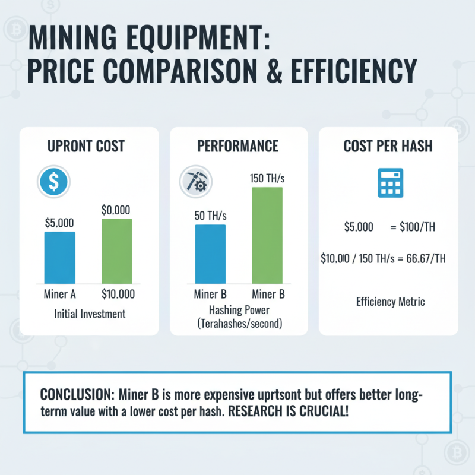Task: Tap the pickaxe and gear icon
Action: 193,182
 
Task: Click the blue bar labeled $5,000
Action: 59,257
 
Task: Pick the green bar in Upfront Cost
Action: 117,251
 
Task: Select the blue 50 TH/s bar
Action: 210,254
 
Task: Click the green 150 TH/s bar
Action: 267,235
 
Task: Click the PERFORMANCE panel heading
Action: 239,145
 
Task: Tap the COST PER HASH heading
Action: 388,145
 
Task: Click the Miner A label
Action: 59,294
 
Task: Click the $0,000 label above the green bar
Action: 116,210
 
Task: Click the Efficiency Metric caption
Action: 390,302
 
